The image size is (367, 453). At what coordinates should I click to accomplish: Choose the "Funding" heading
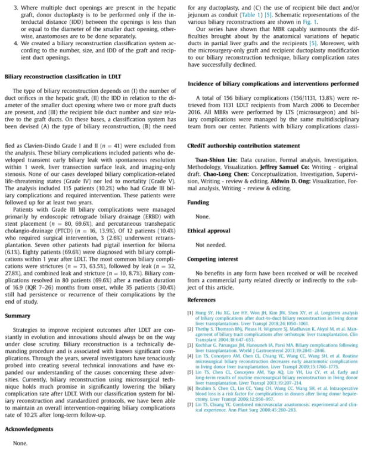click(198, 202)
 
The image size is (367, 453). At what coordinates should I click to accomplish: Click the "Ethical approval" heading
click(209, 230)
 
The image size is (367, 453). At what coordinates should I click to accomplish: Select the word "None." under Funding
click(201, 216)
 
